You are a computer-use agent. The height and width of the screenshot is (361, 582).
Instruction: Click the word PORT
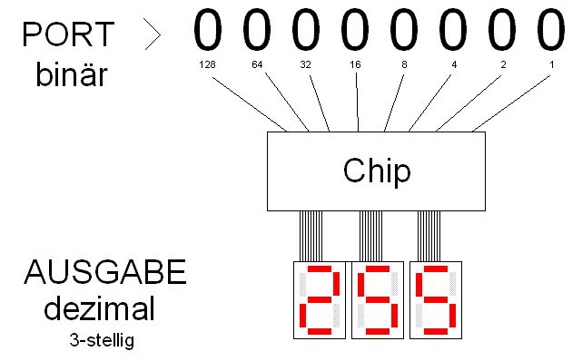68,34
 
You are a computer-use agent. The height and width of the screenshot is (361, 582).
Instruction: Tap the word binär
71,73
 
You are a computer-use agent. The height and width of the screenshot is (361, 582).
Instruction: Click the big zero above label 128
208,30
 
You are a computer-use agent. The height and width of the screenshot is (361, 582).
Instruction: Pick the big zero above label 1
551,30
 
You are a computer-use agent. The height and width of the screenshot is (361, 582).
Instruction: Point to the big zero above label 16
355,30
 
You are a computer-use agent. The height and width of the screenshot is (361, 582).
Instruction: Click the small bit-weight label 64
257,65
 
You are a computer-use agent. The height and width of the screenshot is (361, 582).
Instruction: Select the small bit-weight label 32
305,65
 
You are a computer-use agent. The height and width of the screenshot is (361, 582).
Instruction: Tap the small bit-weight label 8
404,65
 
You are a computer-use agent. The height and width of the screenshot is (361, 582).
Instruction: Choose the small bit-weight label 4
454,65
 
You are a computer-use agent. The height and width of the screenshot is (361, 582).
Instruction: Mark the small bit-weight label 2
503,65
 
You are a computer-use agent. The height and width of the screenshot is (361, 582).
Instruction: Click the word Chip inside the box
377,171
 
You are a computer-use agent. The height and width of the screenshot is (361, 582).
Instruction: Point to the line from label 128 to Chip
249,104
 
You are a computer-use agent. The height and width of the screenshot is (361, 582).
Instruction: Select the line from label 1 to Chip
511,103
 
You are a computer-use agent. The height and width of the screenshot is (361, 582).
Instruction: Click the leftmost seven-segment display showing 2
320,300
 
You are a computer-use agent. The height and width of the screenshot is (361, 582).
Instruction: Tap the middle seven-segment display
378,300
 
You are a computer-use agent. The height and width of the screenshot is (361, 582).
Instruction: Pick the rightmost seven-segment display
436,300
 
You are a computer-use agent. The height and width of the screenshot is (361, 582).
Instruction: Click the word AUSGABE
105,272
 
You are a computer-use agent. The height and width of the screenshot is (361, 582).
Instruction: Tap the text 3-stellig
102,340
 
